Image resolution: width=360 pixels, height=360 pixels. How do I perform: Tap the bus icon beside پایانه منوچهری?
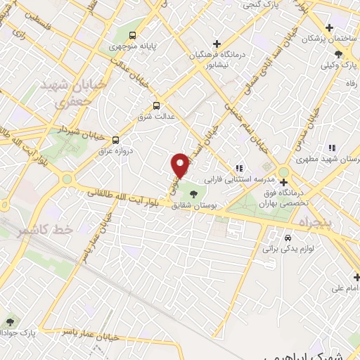[134, 36]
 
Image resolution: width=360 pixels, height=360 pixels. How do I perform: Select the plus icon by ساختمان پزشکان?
[295, 39]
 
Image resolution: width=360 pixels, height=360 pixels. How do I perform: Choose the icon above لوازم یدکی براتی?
[288, 237]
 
